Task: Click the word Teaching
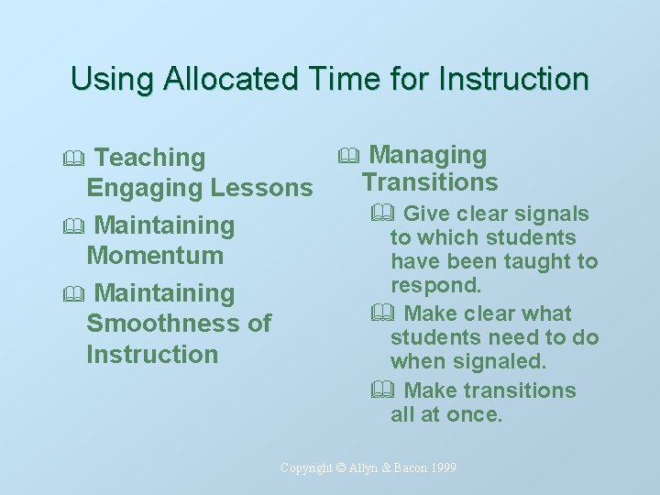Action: (x=150, y=158)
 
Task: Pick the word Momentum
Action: (x=155, y=256)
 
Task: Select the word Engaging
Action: (x=145, y=189)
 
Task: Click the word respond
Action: (x=435, y=285)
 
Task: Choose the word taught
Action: (x=535, y=261)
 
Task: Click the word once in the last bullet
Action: (x=473, y=414)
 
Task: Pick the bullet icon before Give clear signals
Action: (x=382, y=214)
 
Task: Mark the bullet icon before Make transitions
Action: (x=382, y=391)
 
